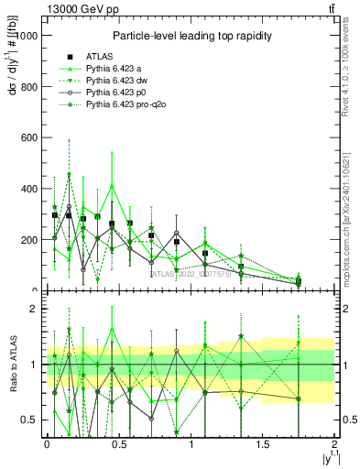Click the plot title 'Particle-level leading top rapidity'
coord(190,36)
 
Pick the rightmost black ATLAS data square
coord(299,281)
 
